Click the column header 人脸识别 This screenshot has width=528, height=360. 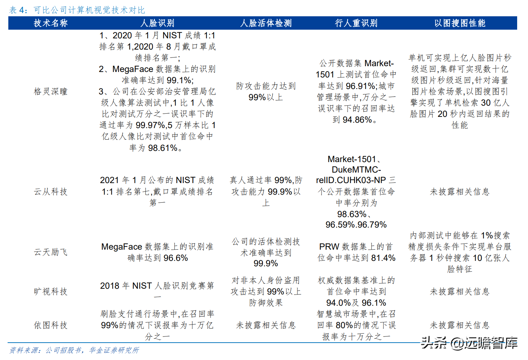tap(157, 23)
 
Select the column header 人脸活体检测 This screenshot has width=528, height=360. tap(266, 23)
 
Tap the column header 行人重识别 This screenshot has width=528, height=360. tap(356, 23)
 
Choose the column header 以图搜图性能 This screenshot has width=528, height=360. tap(460, 23)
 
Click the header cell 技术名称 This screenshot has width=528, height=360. tap(51, 23)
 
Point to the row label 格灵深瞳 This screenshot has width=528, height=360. tap(51, 92)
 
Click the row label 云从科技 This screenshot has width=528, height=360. tap(51, 192)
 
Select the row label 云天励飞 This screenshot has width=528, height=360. tap(51, 252)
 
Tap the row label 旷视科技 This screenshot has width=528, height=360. tap(51, 292)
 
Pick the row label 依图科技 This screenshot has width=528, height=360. tap(51, 325)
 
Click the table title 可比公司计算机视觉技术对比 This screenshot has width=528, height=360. tap(89, 10)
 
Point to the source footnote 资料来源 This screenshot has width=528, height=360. tap(74, 350)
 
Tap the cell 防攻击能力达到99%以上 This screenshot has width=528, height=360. tap(266, 92)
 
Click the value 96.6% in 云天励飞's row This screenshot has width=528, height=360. tap(176, 258)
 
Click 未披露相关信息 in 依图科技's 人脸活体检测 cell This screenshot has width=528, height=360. tap(266, 325)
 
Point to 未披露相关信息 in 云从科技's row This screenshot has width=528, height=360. tap(460, 192)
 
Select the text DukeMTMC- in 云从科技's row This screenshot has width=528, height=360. tap(356, 170)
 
